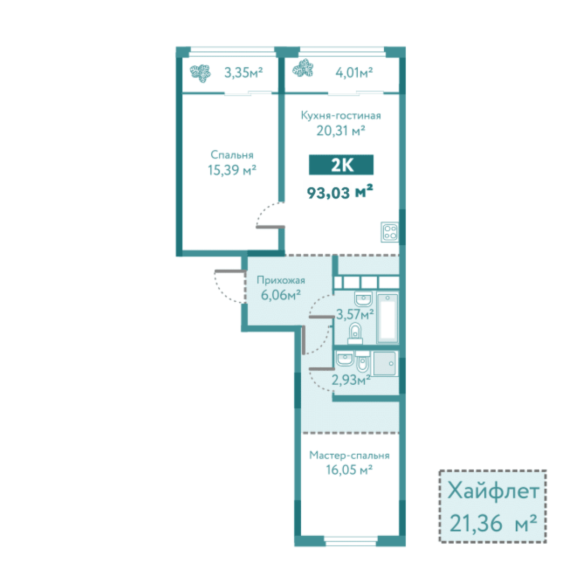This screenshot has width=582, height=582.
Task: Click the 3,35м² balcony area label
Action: click(x=244, y=72)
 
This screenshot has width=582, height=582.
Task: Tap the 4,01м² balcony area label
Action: click(x=354, y=72)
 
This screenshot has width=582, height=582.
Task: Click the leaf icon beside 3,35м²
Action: click(x=200, y=73)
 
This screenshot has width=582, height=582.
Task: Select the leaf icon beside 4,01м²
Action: click(x=303, y=68)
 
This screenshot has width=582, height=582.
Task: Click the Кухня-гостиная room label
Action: click(x=341, y=115)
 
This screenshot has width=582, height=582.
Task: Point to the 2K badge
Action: click(x=341, y=165)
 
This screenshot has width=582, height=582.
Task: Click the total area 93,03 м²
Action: click(x=339, y=192)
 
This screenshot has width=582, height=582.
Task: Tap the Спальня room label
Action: click(x=232, y=155)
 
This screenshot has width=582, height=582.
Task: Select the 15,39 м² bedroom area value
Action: click(x=232, y=170)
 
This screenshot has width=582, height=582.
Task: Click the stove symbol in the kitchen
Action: click(x=390, y=232)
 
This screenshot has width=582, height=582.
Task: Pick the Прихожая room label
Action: click(x=281, y=280)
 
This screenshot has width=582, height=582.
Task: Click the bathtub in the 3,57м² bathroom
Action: click(x=387, y=318)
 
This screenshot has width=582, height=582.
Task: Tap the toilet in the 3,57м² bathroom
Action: click(x=355, y=334)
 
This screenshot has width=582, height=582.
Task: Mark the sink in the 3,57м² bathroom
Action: click(x=363, y=299)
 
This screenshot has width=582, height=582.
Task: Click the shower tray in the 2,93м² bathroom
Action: click(x=385, y=364)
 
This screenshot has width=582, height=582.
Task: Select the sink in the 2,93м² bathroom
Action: click(x=345, y=359)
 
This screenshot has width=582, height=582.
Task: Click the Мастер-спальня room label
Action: click(x=349, y=455)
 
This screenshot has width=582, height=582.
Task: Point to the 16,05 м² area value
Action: click(x=349, y=470)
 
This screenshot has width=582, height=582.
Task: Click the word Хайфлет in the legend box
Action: click(x=493, y=491)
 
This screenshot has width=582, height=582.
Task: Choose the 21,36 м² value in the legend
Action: click(x=493, y=523)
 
